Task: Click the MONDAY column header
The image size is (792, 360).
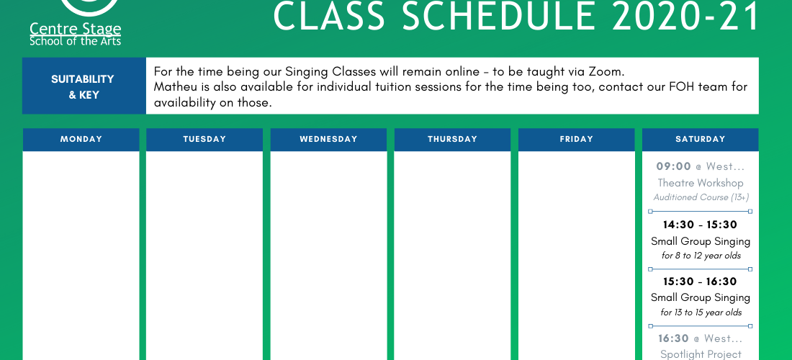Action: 81,140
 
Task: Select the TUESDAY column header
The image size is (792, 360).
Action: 204,140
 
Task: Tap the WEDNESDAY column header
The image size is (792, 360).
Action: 328,140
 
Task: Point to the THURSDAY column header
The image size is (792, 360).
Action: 453,140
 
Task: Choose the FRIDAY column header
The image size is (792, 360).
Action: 576,140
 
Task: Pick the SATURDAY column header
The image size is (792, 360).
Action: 700,140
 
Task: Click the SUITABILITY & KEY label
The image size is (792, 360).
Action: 83,87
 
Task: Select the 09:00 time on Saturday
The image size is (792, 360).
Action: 673,166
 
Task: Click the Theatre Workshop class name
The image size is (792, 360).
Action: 700,183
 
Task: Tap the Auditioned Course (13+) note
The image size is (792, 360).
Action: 701,197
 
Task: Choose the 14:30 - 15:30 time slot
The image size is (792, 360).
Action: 700,225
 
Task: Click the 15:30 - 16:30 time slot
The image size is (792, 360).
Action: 700,282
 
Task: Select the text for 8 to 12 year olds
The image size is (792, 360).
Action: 701,256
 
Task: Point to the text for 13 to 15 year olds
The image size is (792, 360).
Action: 701,312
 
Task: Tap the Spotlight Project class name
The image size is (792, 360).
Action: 701,354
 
